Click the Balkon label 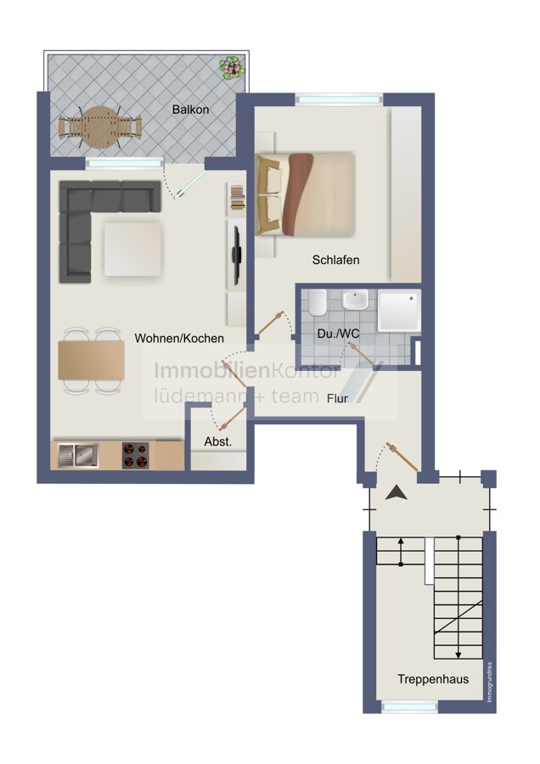pos(190,110)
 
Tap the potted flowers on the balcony pos(231,68)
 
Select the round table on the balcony pos(100,127)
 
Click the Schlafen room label pos(335,260)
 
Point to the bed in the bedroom pos(305,194)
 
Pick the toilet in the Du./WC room pos(318,302)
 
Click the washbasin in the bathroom pos(355,300)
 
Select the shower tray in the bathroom pos(399,311)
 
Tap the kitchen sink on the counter pos(78,455)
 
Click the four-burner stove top pos(136,456)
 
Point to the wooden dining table pos(91,360)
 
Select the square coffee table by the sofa pos(132,249)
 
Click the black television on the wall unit pos(236,255)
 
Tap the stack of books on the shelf pos(238,198)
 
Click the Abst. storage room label pos(218,442)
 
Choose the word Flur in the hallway pos(337,399)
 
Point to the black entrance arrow pos(397,493)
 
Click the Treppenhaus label pos(433,679)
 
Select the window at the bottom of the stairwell pos(409,706)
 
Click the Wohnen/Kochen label pos(179,338)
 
